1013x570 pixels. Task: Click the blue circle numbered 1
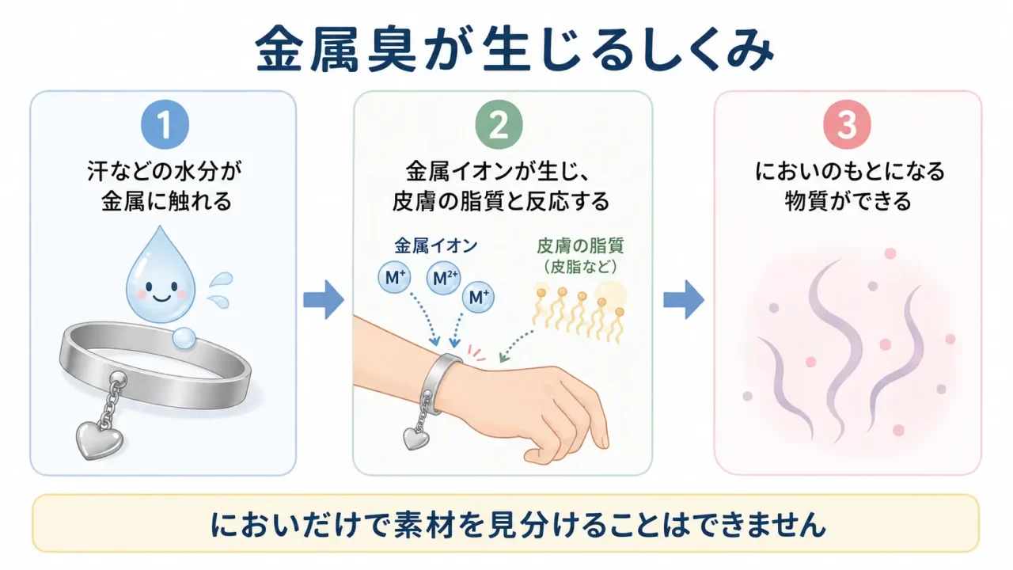pos(165,125)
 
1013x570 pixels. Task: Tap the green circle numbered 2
pos(499,125)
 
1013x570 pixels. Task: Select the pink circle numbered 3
pos(847,125)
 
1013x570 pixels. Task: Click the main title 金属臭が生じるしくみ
pos(514,49)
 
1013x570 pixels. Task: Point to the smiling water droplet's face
pos(161,290)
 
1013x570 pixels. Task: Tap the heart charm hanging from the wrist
pos(416,438)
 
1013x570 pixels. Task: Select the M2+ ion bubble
pos(444,278)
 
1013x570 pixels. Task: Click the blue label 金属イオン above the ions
pos(436,246)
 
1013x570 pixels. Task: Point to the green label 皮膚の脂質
pos(580,246)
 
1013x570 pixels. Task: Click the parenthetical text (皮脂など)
pos(580,267)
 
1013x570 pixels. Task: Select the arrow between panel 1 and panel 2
pos(324,299)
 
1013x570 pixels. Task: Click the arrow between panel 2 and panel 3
pos(684,299)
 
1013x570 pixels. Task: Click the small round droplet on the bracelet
pos(184,338)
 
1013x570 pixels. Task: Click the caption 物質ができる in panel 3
pos(848,201)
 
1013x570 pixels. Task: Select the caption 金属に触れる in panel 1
pos(166,201)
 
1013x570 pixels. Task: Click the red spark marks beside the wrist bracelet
pos(476,352)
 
